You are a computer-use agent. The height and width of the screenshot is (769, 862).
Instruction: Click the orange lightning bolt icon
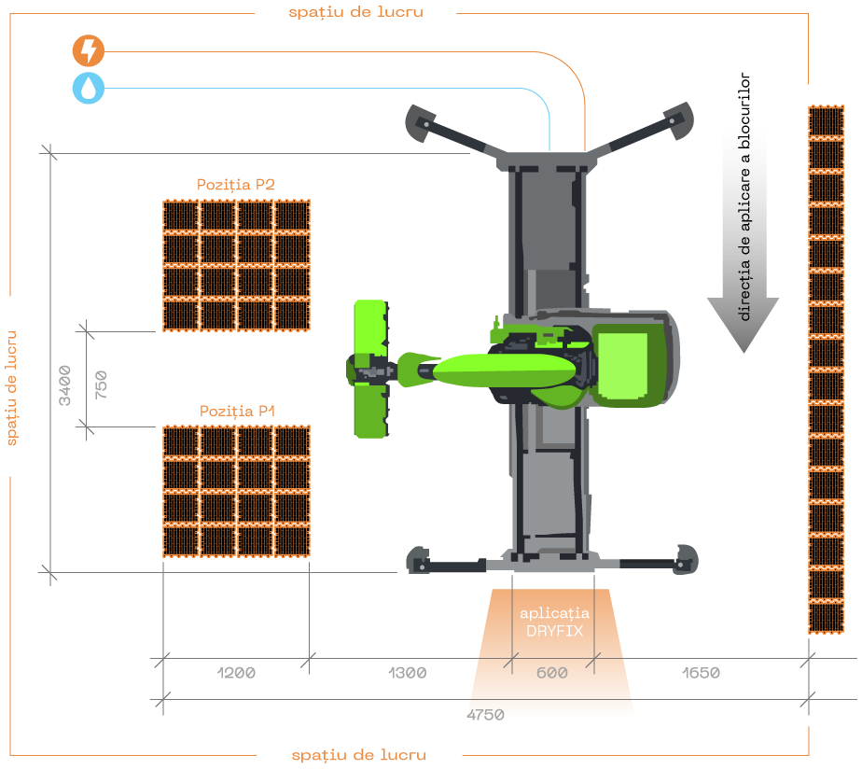[x=89, y=50]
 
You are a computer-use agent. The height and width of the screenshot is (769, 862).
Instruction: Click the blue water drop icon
[x=89, y=88]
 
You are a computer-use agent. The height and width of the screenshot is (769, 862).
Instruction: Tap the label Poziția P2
[x=236, y=184]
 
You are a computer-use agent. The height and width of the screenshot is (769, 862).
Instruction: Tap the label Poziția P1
[x=237, y=411]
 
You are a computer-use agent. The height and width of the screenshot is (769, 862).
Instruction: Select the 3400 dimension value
[x=65, y=385]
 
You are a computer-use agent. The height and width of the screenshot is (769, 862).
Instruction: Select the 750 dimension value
[x=101, y=385]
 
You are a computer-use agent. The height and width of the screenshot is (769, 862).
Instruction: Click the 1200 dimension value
[x=236, y=673]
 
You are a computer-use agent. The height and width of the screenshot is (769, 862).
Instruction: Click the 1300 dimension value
[x=407, y=673]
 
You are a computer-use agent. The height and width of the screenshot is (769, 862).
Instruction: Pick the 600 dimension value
[x=552, y=673]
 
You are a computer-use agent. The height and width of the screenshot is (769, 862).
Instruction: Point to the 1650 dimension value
[x=701, y=673]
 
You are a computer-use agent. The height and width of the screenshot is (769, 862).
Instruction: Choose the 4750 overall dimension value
[x=485, y=715]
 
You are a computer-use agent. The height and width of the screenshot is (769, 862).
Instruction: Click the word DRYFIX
[x=554, y=631]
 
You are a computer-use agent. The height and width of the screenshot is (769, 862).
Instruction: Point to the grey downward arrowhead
[x=744, y=324]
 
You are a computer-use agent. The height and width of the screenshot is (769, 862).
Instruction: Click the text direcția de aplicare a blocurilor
[x=744, y=197]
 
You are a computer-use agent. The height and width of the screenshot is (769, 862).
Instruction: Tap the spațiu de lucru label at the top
[x=355, y=12]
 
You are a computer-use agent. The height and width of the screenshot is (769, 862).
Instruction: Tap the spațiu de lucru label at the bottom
[x=359, y=755]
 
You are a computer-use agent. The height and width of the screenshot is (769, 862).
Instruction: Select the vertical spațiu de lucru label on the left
[x=11, y=388]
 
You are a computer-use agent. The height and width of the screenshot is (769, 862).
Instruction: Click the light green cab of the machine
[x=622, y=365]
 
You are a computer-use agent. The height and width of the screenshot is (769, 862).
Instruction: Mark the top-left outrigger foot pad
[x=420, y=122]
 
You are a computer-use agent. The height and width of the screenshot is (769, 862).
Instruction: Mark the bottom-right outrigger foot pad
[x=686, y=560]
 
